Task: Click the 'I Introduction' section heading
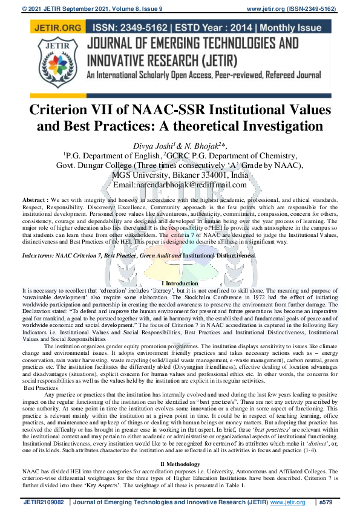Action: [x=180, y=284]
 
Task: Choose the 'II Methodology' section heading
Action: [x=180, y=446]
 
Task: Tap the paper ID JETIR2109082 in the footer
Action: [x=45, y=501]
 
